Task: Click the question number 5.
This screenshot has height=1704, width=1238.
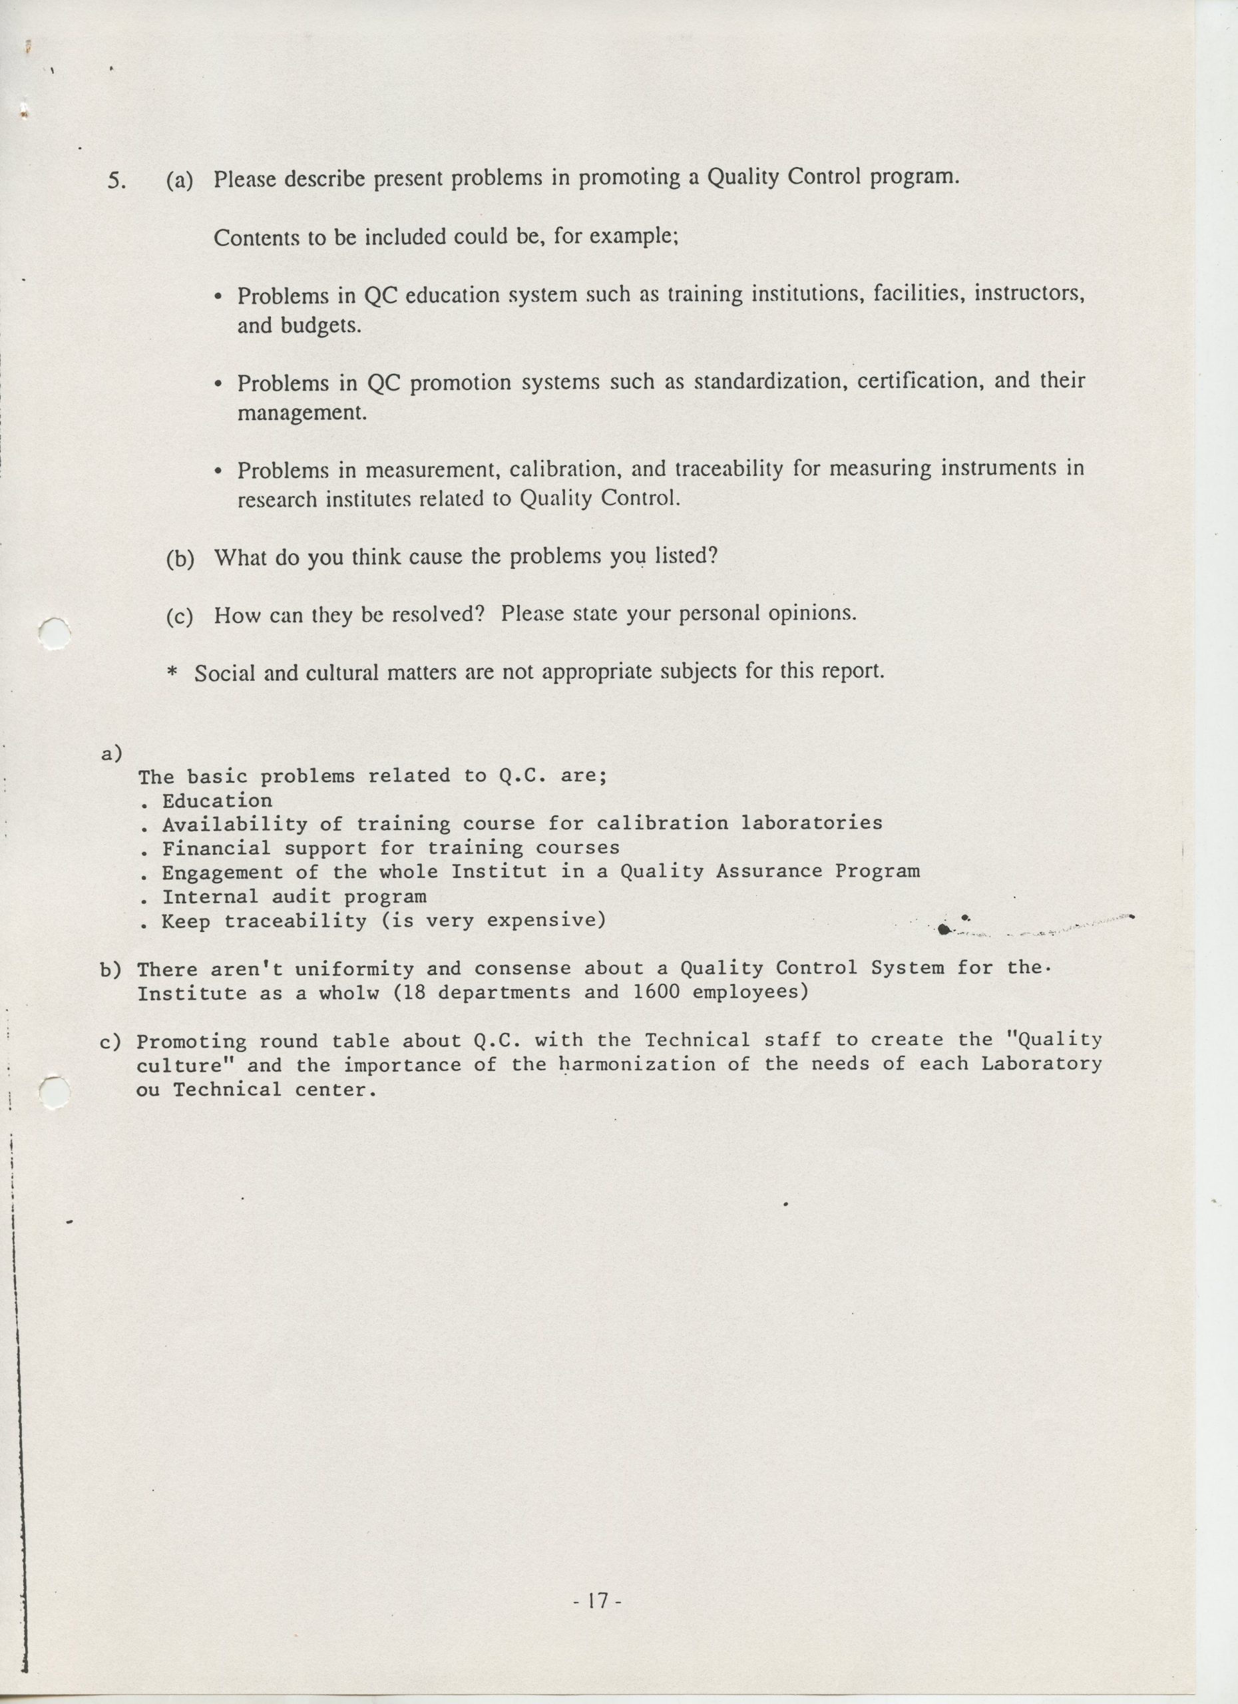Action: (x=116, y=181)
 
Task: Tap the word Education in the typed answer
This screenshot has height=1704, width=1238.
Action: (x=217, y=801)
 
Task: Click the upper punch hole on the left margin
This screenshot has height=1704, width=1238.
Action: (x=55, y=632)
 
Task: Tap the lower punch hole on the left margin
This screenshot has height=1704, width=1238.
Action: (x=54, y=1092)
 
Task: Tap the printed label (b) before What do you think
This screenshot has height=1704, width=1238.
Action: (x=180, y=558)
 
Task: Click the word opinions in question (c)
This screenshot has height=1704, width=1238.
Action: (x=812, y=613)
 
